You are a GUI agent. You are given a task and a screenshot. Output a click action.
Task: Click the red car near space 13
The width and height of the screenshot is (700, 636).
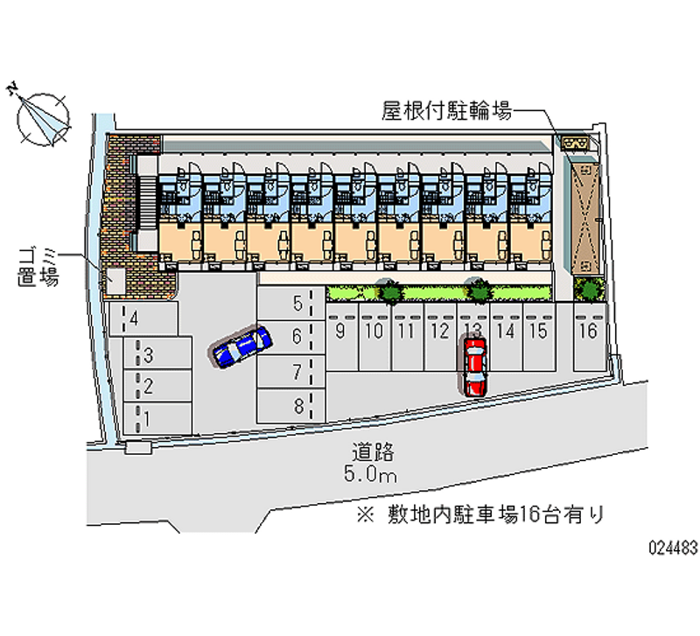pos(474,366)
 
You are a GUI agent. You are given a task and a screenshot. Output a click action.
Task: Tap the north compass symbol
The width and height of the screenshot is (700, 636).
pos(42,117)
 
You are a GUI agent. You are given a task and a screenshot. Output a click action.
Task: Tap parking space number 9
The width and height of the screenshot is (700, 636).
pos(340,337)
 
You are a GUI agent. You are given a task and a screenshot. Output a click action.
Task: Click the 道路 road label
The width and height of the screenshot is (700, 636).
pos(374,452)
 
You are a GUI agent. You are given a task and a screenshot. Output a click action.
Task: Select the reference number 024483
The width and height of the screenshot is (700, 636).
pos(672,548)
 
